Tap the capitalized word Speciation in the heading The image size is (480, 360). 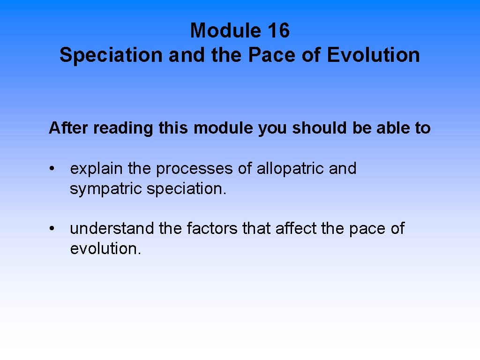[x=111, y=55]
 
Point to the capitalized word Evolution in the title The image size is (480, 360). [x=373, y=55]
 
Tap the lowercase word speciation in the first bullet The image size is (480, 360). [x=186, y=189]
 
